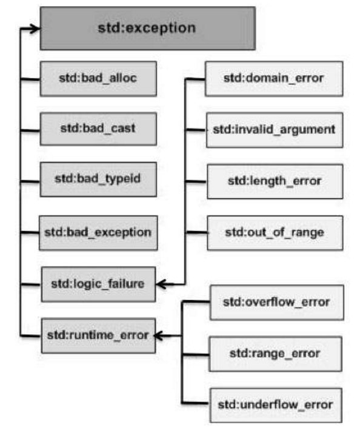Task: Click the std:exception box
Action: (x=148, y=29)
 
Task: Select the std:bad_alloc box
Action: (x=98, y=79)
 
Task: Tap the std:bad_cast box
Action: (x=98, y=129)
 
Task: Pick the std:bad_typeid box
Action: (x=98, y=180)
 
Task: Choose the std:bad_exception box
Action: (x=98, y=233)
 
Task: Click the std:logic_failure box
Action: (x=99, y=284)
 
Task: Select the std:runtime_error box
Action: (x=99, y=335)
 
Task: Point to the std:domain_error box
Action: (x=274, y=79)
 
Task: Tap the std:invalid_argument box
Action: (x=275, y=130)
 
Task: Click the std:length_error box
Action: (x=275, y=181)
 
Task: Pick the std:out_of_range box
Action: (x=275, y=233)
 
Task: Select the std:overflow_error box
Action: (x=277, y=303)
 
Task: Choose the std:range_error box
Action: (x=275, y=354)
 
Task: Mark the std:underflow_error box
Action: (x=276, y=405)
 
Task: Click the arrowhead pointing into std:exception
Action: (x=35, y=29)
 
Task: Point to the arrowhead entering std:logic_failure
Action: (x=162, y=284)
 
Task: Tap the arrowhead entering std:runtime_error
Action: (x=159, y=335)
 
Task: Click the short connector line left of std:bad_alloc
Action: (x=30, y=79)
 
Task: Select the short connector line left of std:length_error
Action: (x=196, y=181)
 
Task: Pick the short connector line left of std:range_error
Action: (x=195, y=355)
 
